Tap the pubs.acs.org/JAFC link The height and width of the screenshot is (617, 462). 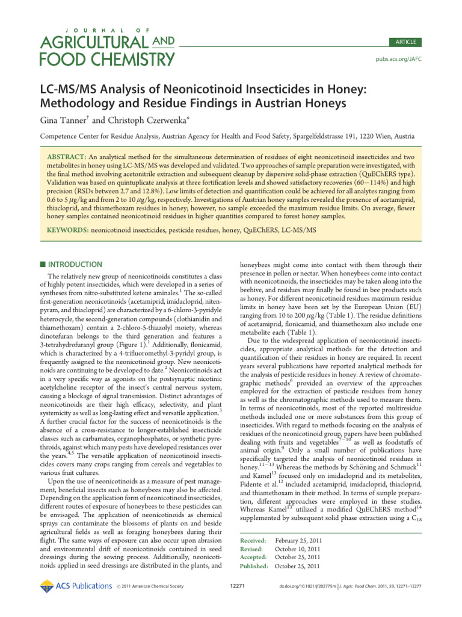(x=399, y=60)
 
